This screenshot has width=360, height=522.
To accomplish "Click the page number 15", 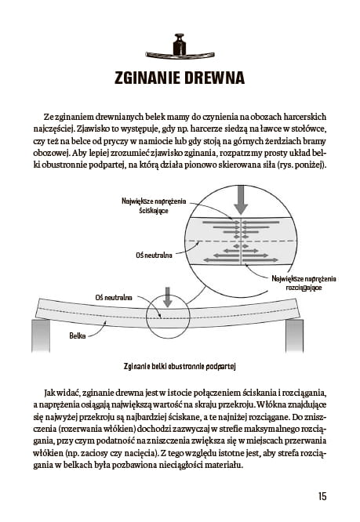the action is tap(322, 496).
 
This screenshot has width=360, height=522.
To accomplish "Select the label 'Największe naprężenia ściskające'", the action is tap(154, 206).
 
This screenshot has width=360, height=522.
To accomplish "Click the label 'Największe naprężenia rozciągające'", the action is tap(304, 283).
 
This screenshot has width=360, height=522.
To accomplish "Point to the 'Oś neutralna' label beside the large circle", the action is tap(154, 256).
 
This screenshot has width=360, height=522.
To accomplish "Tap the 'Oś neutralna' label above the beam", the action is tap(114, 297).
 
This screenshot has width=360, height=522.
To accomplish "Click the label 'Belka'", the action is tap(78, 335).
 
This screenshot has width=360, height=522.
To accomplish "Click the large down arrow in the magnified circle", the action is tap(241, 200).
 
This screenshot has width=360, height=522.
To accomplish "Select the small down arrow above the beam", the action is tap(168, 297).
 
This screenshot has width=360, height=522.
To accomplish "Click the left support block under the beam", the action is tap(41, 335).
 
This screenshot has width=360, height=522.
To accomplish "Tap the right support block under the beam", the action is tap(294, 335).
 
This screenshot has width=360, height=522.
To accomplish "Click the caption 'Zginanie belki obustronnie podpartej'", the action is tap(180, 367).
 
